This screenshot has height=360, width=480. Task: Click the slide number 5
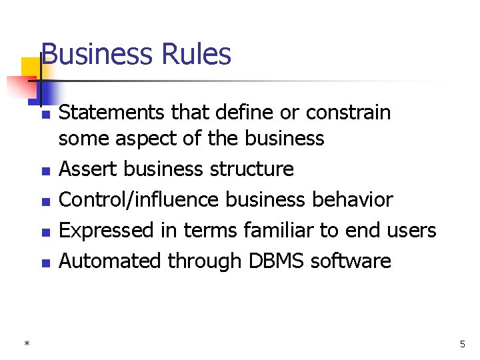[462, 344]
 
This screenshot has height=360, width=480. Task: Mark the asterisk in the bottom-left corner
[27, 344]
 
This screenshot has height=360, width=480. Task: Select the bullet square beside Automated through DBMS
[45, 263]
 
